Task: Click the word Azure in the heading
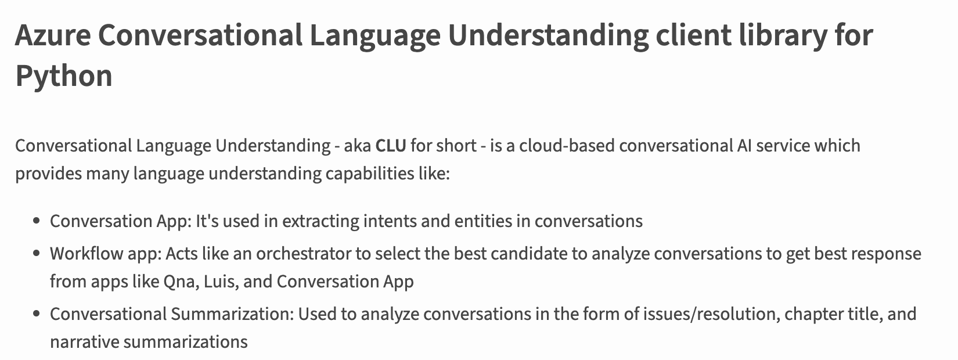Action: click(53, 35)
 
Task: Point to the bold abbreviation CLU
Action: click(391, 146)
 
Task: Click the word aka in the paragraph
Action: click(358, 146)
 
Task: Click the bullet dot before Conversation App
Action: click(37, 221)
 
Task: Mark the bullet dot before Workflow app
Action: click(37, 254)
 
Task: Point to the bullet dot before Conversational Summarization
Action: click(37, 314)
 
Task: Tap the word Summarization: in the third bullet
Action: click(233, 314)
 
